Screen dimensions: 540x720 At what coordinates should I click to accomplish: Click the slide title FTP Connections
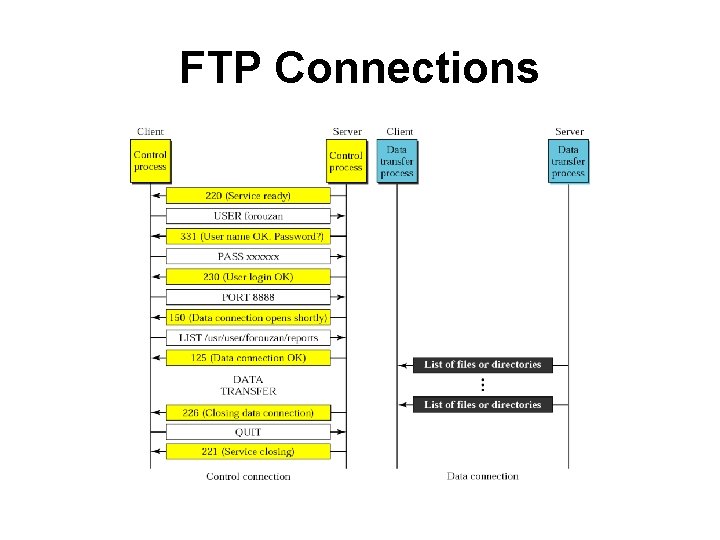coord(359,68)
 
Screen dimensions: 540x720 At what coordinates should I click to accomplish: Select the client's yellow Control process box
coord(150,161)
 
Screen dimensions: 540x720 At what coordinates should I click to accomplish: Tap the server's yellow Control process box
coord(346,161)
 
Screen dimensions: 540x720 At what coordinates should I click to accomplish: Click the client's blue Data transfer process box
coord(397,161)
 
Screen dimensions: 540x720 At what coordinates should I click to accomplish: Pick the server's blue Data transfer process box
coord(568,161)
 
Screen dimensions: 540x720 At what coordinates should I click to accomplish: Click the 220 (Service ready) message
coord(248,196)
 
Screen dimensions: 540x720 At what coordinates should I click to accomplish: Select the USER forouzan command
coord(248,216)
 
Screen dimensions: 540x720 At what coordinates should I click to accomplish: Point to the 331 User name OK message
coord(248,236)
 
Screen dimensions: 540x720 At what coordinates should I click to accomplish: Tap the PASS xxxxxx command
coord(248,257)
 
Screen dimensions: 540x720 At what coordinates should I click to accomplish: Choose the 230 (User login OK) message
coord(248,277)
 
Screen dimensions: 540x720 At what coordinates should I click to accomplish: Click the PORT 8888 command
coord(248,297)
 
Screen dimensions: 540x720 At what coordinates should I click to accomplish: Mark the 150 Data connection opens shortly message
coord(248,317)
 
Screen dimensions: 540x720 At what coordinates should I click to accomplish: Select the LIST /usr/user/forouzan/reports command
coord(248,338)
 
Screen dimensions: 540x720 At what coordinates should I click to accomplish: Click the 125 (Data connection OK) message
coord(248,358)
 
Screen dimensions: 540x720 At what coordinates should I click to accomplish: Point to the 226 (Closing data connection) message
coord(248,412)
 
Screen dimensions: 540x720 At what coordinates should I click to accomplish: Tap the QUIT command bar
coord(248,432)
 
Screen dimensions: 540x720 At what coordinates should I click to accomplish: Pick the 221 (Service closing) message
coord(248,452)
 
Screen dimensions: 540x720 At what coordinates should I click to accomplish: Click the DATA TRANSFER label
coord(248,385)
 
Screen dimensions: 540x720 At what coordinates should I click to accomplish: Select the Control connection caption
coord(248,476)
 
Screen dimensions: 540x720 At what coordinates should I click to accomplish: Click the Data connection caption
coord(482,476)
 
